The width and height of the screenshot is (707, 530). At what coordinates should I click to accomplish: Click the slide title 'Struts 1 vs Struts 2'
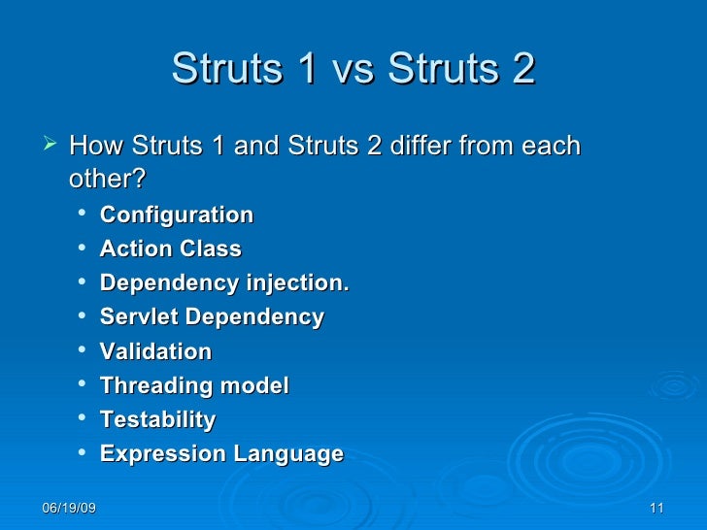[x=353, y=69]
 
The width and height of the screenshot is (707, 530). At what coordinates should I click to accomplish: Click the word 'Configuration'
[x=177, y=215]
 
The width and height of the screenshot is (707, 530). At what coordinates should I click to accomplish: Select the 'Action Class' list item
[x=171, y=248]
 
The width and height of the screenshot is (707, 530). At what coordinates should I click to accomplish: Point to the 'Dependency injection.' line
[x=223, y=283]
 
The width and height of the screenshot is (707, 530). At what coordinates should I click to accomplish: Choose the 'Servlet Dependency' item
[x=213, y=317]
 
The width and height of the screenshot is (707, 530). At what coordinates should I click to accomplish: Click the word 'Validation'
[x=155, y=351]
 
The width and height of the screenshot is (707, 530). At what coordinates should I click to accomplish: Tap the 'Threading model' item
[x=194, y=385]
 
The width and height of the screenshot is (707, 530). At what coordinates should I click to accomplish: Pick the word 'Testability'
[x=158, y=419]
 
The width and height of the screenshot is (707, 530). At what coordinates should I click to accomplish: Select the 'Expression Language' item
[x=221, y=453]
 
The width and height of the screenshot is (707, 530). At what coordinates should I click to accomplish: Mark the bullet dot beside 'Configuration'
[x=87, y=215]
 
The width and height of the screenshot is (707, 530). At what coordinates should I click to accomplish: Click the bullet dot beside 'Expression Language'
[x=87, y=453]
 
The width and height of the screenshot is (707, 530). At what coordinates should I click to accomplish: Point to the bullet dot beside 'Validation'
[x=87, y=351]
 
